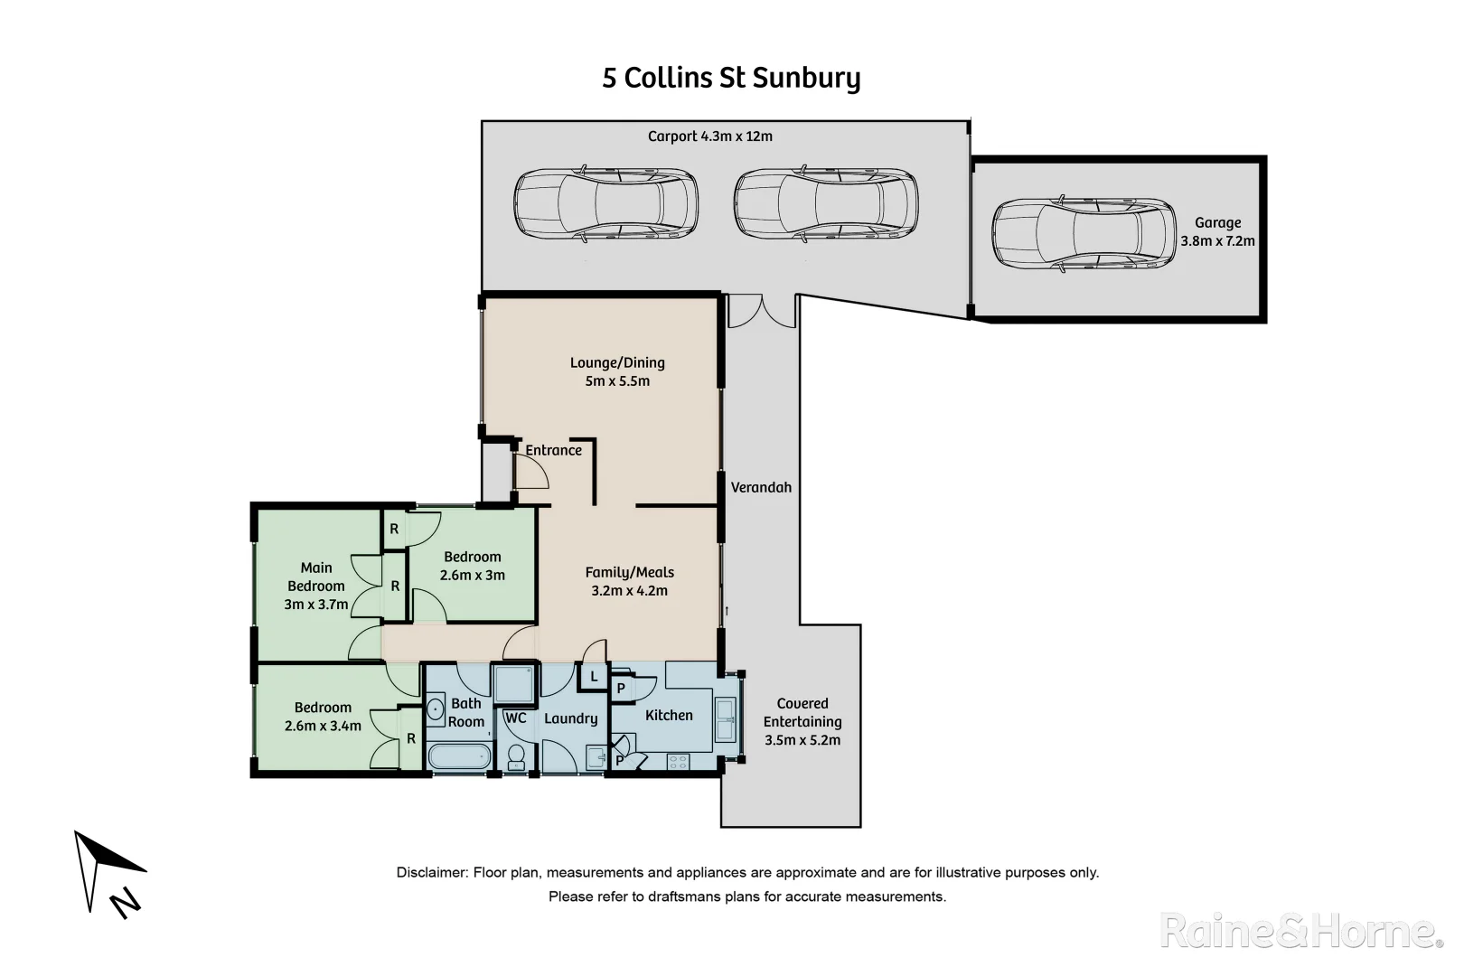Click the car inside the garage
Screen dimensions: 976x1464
click(x=1084, y=233)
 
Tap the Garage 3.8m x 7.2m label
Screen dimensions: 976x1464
click(x=1217, y=231)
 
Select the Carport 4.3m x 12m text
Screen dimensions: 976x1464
click(x=709, y=136)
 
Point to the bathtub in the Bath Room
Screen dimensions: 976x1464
click(x=459, y=756)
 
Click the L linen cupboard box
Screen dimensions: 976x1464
click(x=594, y=676)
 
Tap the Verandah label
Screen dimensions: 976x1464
click(x=761, y=487)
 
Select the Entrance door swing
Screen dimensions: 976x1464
click(x=530, y=470)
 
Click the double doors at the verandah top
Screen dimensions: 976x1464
click(x=762, y=311)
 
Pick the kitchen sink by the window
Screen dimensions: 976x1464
click(x=725, y=719)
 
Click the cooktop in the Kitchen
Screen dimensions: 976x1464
click(x=678, y=762)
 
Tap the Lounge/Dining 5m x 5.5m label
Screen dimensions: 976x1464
click(x=617, y=371)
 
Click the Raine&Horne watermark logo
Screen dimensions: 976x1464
click(x=1300, y=930)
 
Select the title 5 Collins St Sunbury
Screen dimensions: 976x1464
click(x=731, y=78)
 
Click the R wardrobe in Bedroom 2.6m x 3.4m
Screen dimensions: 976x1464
click(x=411, y=739)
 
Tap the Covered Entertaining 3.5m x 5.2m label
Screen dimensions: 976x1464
click(x=802, y=721)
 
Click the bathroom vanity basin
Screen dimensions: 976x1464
click(x=436, y=709)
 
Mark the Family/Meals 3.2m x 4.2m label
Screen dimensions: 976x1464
click(x=629, y=581)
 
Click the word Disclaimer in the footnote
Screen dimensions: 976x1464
click(x=431, y=872)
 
